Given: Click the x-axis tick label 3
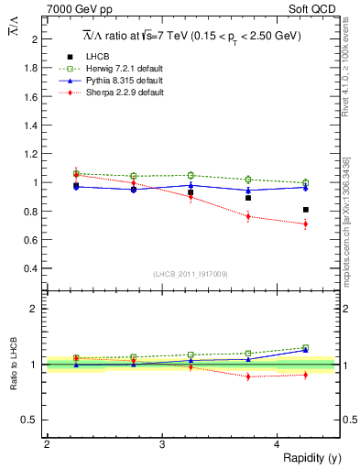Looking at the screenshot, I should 161,444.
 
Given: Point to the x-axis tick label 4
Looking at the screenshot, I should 277,444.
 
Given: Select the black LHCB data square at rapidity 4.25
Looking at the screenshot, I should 306,210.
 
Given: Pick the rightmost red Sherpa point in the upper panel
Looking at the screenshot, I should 306,224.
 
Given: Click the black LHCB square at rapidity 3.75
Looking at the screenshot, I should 248,198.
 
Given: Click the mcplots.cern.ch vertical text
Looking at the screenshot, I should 347,215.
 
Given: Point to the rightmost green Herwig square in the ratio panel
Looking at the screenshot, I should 306,347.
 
